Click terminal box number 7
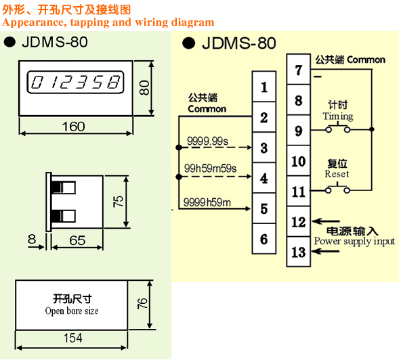tap(299, 69)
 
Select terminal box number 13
tap(299, 252)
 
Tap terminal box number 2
tap(264, 117)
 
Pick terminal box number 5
tap(264, 208)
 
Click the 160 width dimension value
tap(73, 127)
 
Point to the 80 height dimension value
tap(144, 88)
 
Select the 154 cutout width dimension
tap(72, 338)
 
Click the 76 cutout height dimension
tap(142, 304)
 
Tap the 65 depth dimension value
tap(77, 240)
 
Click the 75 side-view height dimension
tap(118, 202)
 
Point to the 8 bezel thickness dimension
tap(32, 239)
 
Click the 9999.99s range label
tap(207, 141)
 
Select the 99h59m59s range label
tap(210, 168)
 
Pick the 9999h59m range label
tap(207, 202)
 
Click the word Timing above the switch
tap(338, 116)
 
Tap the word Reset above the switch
tap(337, 174)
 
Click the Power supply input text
tap(354, 241)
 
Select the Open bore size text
tap(72, 311)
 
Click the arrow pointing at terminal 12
tap(326, 221)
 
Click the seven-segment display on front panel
tap(75, 82)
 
